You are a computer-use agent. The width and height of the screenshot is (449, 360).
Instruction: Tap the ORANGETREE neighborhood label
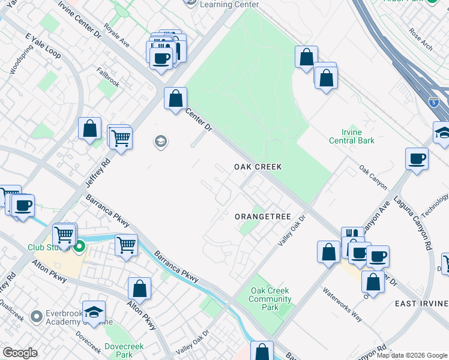click(x=262, y=217)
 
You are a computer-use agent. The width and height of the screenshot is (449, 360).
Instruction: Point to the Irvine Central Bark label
click(x=352, y=136)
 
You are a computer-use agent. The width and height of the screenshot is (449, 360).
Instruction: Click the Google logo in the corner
click(x=20, y=353)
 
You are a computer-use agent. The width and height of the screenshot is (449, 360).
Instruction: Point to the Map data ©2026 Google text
click(x=411, y=355)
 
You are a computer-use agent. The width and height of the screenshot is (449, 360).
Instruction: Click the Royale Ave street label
click(x=116, y=35)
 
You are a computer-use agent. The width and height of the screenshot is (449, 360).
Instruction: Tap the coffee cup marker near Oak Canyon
click(x=417, y=159)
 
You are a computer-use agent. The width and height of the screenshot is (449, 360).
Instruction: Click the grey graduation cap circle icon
click(x=160, y=142)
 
